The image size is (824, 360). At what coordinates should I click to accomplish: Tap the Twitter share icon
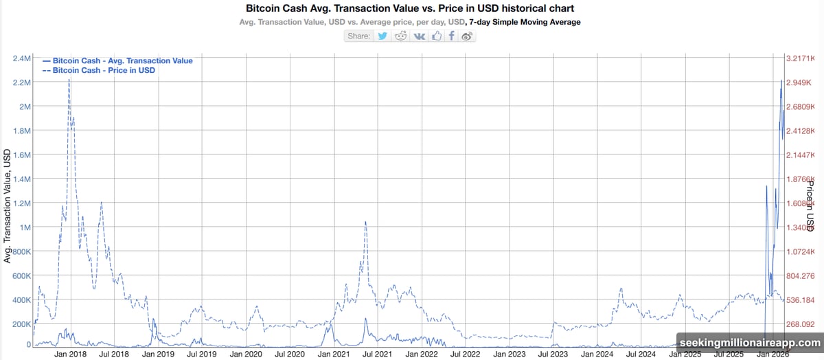(382, 36)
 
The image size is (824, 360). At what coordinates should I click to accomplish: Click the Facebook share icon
(452, 36)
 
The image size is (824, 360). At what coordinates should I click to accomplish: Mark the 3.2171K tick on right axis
(800, 58)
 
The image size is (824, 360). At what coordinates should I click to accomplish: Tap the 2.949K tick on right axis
(799, 82)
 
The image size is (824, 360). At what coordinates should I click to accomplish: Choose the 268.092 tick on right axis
(799, 324)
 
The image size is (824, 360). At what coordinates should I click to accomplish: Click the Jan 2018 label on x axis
(71, 354)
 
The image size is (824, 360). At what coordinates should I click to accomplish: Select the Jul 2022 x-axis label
(465, 354)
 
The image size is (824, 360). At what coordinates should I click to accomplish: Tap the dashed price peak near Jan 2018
(69, 80)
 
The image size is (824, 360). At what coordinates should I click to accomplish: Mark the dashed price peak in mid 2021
(365, 221)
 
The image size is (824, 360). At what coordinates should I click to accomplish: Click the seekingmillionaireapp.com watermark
(749, 342)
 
